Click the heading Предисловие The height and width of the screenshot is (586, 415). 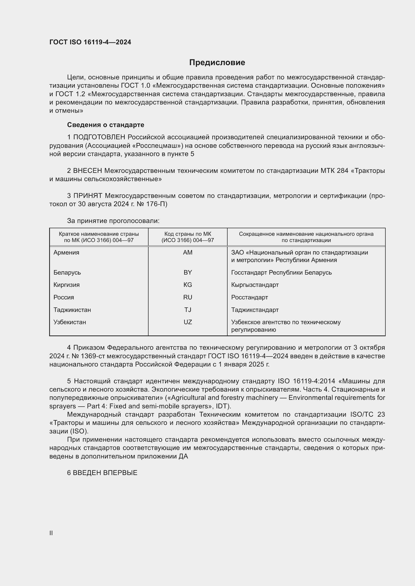217,63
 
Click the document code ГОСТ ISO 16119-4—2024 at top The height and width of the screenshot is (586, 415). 90,42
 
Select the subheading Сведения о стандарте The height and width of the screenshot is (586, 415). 106,125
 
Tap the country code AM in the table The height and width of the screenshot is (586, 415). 188,253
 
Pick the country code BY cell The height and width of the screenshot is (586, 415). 188,272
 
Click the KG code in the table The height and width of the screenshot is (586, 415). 188,285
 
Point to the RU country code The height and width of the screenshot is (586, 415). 188,297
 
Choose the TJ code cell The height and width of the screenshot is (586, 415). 188,310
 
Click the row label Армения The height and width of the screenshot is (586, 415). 66,253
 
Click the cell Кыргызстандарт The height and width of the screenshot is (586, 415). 255,285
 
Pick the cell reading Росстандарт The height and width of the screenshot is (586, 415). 249,297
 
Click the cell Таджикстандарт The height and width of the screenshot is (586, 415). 255,310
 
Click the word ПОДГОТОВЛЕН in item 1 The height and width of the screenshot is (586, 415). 99,137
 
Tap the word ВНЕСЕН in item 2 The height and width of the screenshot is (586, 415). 88,171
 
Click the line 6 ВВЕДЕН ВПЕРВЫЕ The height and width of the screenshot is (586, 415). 102,473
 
